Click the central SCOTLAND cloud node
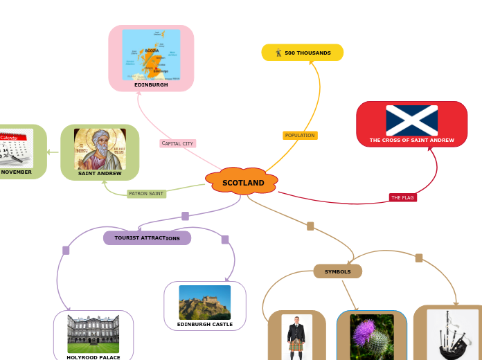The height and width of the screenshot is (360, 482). (x=242, y=182)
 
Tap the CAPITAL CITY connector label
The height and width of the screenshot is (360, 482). (x=177, y=143)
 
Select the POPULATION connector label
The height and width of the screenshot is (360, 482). (x=300, y=135)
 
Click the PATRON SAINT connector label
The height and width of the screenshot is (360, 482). (x=146, y=193)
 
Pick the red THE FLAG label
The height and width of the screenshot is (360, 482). (x=402, y=197)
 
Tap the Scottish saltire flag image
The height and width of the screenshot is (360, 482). (x=411, y=120)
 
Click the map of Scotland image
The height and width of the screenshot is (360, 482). (x=151, y=55)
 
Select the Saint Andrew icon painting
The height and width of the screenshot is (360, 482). (x=100, y=149)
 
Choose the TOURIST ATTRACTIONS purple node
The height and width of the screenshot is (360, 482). (x=147, y=237)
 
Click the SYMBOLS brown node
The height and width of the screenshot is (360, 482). (x=337, y=271)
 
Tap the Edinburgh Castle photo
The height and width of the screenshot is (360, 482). (x=204, y=302)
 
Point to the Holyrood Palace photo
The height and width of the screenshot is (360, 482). (x=93, y=334)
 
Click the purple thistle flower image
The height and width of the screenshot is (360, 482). (x=372, y=336)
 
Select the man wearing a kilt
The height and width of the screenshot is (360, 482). (x=296, y=338)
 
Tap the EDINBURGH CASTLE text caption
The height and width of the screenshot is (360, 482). (x=205, y=324)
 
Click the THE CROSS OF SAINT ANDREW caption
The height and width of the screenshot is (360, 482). (x=411, y=140)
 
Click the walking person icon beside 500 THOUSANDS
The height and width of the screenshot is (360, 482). (x=278, y=53)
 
